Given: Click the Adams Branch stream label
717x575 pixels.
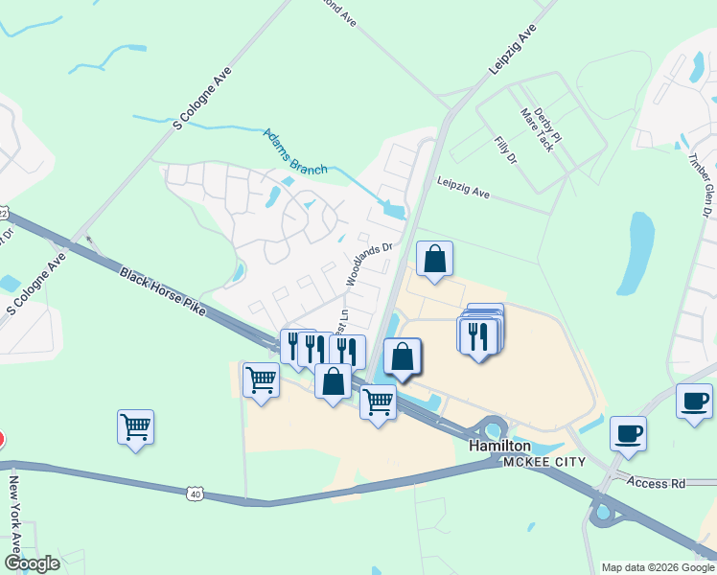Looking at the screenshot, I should [x=294, y=149].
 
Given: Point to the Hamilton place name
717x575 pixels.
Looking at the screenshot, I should [x=499, y=447].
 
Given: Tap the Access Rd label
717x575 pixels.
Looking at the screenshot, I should [x=657, y=483].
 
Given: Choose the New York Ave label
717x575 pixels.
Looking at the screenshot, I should [x=14, y=518].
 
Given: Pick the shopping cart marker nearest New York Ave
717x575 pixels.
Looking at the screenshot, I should [x=135, y=427].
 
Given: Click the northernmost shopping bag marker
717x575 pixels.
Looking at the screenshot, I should [x=434, y=259].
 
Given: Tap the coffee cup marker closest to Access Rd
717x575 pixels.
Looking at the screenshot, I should [x=628, y=433].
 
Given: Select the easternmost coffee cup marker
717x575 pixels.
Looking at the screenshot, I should [x=694, y=402].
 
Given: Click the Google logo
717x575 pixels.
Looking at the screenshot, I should [x=32, y=563].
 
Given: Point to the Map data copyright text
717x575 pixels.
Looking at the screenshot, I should [x=657, y=567].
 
